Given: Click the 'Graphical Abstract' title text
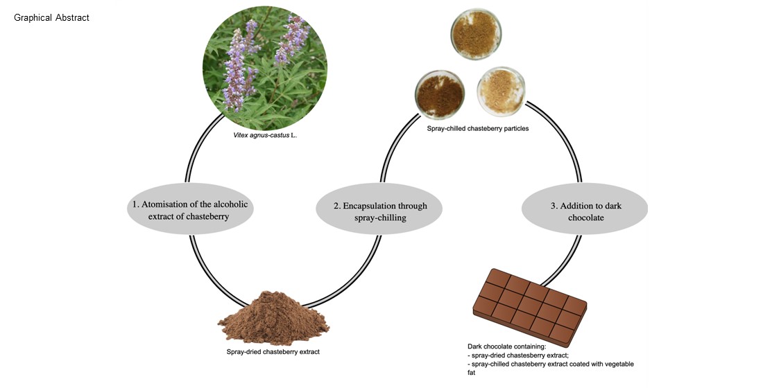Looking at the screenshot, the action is [x=51, y=17].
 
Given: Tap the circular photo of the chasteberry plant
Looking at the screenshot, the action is [x=264, y=69].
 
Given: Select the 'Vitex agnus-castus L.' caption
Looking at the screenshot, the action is [x=265, y=136].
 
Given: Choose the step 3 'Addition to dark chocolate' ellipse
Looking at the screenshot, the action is [x=584, y=211].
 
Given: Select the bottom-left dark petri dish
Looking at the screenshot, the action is [x=439, y=94].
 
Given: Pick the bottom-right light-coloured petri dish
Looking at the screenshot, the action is [x=501, y=91].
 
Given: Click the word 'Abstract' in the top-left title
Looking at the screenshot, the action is [x=72, y=17].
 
